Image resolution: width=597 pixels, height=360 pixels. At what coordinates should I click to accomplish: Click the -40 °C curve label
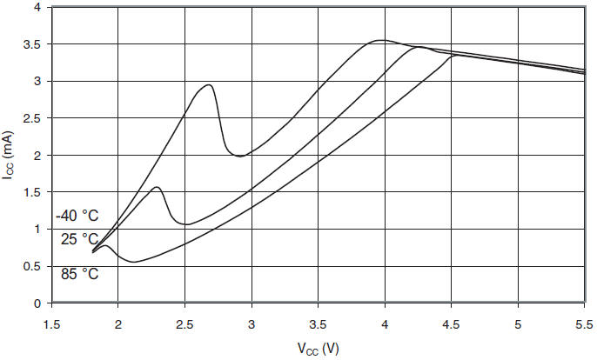tap(77, 216)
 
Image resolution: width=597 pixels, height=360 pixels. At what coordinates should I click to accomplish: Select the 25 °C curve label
tap(79, 239)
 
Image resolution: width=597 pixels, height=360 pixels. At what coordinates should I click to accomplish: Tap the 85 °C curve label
tap(79, 274)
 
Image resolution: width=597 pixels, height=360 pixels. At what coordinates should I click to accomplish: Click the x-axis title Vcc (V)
tap(319, 349)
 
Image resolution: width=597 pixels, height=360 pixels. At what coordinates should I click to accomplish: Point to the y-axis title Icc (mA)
tap(10, 155)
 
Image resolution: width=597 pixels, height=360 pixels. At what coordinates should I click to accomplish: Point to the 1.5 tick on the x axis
tap(52, 323)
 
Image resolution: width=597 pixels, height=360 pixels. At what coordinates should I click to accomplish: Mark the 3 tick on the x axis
tap(252, 323)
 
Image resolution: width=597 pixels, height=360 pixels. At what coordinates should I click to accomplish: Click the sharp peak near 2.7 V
tap(209, 84)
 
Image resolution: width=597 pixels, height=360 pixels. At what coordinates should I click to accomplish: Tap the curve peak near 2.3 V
tap(157, 187)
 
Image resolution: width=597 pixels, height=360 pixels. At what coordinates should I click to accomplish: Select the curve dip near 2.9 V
tap(239, 156)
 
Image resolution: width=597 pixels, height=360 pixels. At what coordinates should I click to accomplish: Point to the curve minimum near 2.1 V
tap(133, 262)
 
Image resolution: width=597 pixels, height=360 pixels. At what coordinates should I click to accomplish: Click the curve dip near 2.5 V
tap(186, 224)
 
